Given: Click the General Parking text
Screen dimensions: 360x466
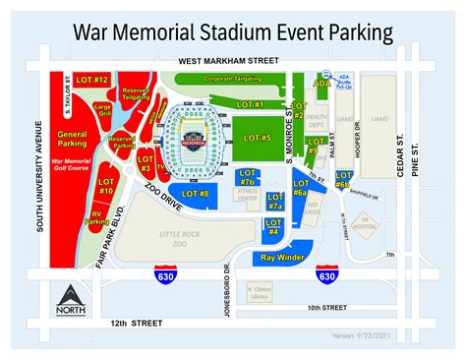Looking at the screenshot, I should click(73, 136).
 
